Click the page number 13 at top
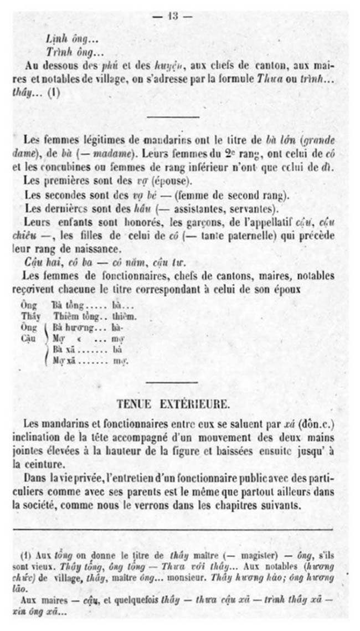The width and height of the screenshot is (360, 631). click(172, 17)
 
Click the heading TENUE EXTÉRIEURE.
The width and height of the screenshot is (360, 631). click(173, 404)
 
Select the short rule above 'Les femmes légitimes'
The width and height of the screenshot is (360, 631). click(172, 117)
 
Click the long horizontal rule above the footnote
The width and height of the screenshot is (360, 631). click(173, 529)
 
